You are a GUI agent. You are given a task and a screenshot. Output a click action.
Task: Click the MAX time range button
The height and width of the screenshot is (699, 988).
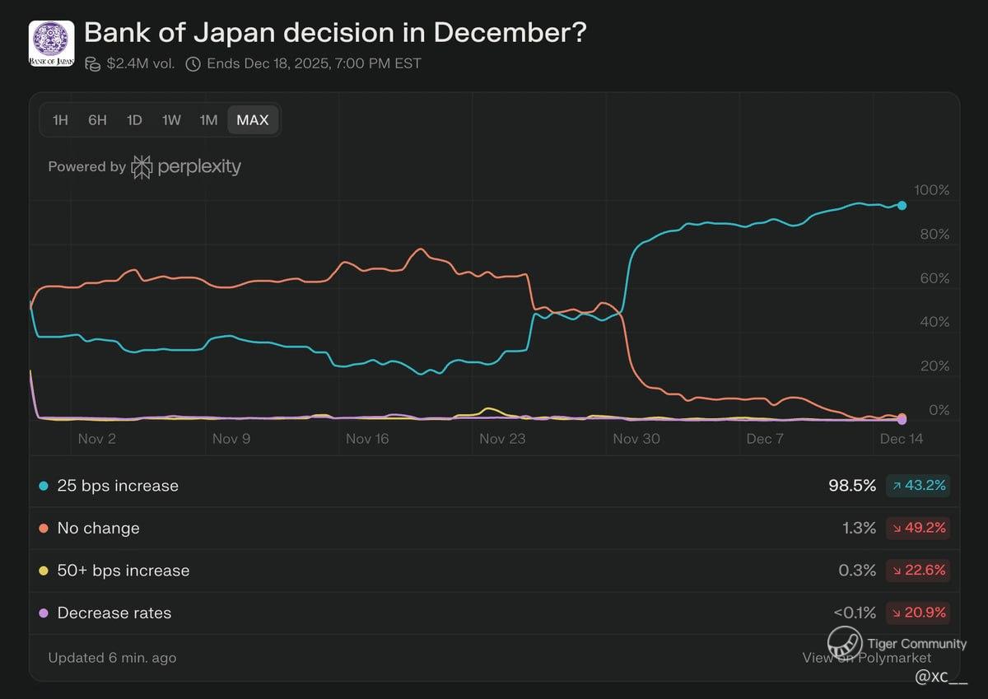click(x=253, y=120)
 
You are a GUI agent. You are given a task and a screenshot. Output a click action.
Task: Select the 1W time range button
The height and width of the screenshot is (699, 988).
click(x=171, y=120)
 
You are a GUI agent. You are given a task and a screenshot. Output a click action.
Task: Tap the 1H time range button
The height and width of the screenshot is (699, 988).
click(x=60, y=120)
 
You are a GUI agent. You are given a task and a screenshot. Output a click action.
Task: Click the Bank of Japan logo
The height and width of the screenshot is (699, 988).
click(x=52, y=44)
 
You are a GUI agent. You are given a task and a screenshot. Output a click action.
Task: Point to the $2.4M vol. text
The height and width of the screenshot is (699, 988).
click(x=140, y=63)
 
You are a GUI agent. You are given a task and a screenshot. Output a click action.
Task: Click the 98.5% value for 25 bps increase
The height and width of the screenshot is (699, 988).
click(x=852, y=486)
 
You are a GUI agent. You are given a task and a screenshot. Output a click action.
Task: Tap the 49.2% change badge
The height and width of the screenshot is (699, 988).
click(x=918, y=529)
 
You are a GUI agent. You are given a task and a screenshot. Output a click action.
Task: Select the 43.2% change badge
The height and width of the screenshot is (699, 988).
click(x=918, y=486)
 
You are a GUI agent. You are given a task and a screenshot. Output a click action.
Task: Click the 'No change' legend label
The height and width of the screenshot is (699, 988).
click(x=98, y=529)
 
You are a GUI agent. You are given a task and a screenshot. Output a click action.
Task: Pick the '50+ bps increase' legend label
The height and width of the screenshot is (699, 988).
click(x=123, y=571)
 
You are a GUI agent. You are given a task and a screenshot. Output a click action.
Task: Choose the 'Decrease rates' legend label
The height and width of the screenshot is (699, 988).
click(x=114, y=613)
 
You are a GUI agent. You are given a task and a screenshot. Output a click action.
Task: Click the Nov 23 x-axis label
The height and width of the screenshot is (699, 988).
click(x=502, y=439)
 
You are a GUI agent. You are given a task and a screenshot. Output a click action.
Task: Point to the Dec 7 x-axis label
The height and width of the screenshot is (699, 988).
click(x=765, y=439)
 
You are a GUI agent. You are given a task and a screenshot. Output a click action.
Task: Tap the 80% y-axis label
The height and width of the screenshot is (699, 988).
click(x=934, y=235)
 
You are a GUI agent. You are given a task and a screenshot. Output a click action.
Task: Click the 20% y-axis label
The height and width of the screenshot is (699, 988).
click(x=934, y=366)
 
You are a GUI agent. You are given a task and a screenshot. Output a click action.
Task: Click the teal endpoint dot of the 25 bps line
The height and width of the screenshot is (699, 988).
click(x=902, y=205)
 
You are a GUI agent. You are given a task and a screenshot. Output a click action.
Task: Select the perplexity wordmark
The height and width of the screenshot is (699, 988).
click(x=198, y=166)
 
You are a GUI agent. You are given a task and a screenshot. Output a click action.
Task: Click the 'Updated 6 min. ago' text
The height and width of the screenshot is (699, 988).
click(x=112, y=658)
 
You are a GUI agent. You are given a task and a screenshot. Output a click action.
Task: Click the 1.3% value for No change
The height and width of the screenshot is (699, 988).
click(x=859, y=529)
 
